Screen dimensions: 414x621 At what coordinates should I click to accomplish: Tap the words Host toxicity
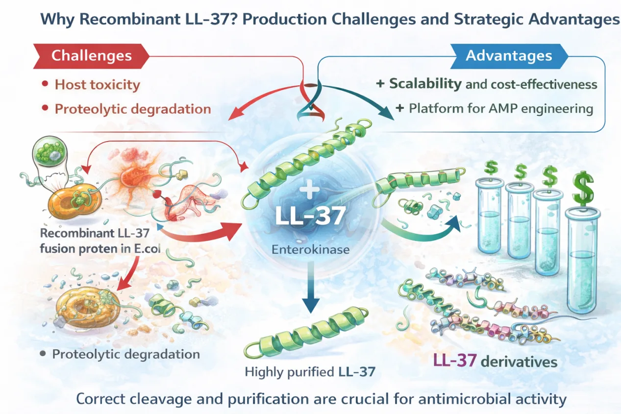[x=97, y=85]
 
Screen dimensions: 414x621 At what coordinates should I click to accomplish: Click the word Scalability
[x=425, y=84]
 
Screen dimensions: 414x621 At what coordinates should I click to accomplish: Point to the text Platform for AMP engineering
[x=500, y=108]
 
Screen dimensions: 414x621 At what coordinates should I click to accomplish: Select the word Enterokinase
[x=310, y=249]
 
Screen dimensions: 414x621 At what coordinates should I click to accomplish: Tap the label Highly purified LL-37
[x=310, y=371]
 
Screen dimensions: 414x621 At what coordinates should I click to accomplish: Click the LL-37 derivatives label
[x=495, y=362]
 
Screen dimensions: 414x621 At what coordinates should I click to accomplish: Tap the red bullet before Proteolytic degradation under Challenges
[x=45, y=108]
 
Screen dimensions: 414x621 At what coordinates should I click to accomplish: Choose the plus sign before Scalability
[x=379, y=84]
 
